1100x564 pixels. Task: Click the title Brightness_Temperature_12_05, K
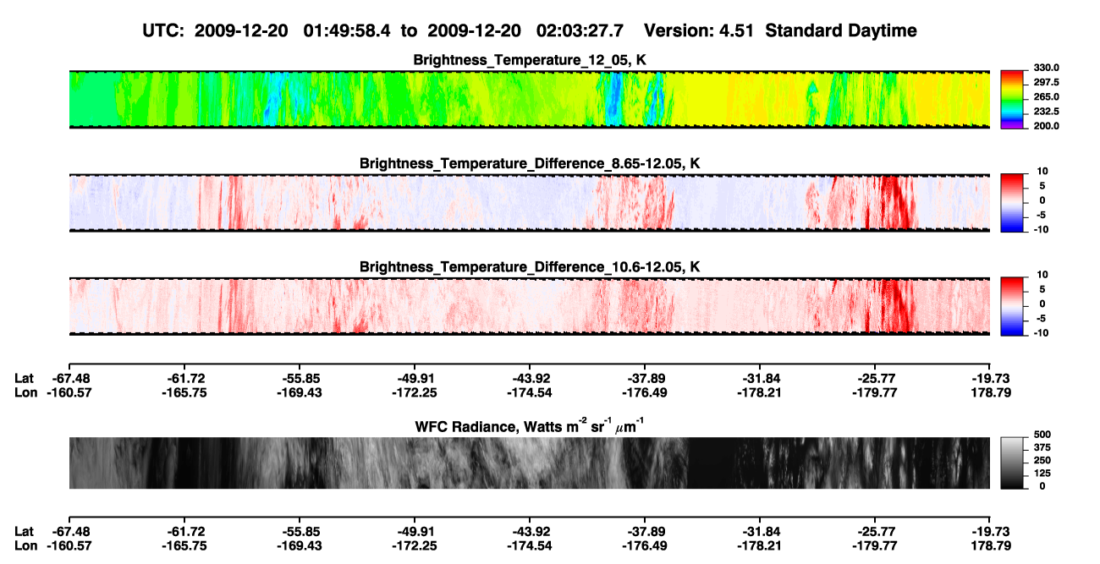(x=530, y=60)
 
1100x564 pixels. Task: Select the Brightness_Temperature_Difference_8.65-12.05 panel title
(x=530, y=163)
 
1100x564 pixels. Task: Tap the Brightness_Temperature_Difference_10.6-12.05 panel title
(x=530, y=267)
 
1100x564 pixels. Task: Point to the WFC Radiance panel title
(x=530, y=425)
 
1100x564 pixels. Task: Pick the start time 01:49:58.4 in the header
(x=347, y=30)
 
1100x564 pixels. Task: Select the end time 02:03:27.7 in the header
(x=580, y=30)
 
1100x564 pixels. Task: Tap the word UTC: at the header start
(x=163, y=30)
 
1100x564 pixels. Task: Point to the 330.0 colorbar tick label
(x=1046, y=68)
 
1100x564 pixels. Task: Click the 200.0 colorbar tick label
(x=1046, y=126)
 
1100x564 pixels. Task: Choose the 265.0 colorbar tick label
(x=1046, y=96)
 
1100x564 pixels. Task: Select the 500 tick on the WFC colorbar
(x=1042, y=435)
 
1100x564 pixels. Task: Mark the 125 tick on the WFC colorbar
(x=1042, y=474)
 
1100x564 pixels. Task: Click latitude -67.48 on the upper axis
(x=69, y=379)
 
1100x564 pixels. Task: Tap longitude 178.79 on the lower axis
(x=991, y=546)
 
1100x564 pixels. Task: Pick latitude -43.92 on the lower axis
(x=530, y=532)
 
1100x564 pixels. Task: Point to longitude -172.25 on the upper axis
(x=415, y=392)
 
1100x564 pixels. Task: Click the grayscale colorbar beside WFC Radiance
(x=1012, y=463)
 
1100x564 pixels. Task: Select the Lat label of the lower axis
(x=24, y=532)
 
